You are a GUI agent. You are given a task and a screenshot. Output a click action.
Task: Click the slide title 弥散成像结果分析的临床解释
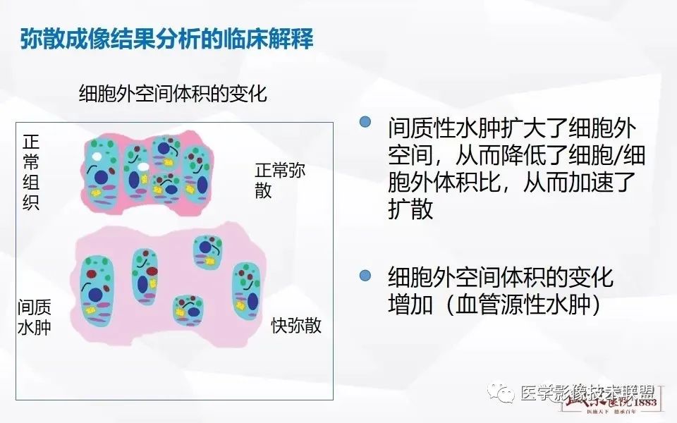tap(166, 37)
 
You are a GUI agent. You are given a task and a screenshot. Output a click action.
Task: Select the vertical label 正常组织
tap(31, 173)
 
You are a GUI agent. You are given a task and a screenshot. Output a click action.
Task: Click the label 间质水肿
tap(35, 317)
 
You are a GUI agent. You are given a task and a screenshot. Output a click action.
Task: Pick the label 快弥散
tap(296, 326)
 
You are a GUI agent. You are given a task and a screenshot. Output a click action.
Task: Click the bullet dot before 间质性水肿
tap(365, 122)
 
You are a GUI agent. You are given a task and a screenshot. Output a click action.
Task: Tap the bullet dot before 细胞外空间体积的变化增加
tap(365, 274)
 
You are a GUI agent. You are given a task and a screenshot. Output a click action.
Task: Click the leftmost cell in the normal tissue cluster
tap(103, 169)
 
